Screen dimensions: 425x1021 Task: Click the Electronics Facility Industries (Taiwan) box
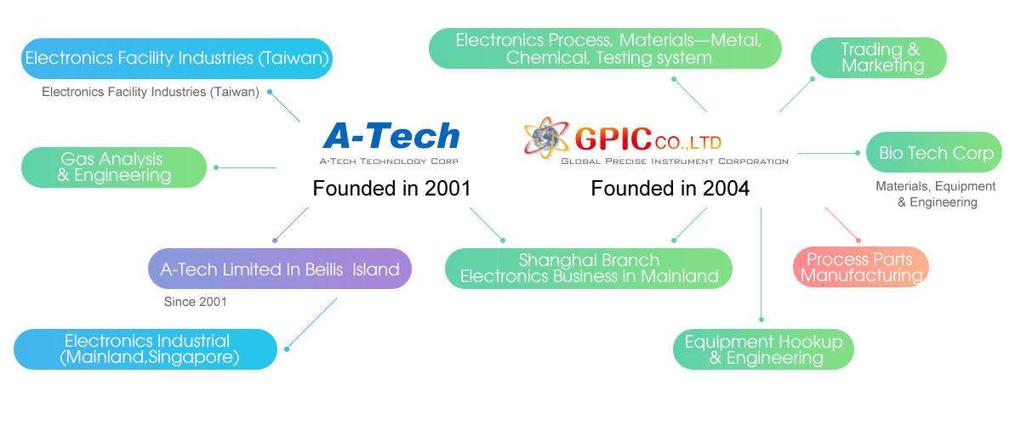pos(176,59)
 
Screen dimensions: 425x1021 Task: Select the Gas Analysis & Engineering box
pos(114,167)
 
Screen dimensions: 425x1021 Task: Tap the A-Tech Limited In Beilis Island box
pos(280,269)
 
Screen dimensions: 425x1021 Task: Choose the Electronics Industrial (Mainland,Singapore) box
pos(145,349)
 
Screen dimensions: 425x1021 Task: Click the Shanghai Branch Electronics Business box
pos(589,268)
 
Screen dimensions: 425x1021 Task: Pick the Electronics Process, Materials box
pos(607,49)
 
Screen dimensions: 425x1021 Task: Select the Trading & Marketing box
pos(880,57)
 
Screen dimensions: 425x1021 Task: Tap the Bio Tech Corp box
pos(936,153)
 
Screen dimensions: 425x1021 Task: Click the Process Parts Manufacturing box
pos(861,267)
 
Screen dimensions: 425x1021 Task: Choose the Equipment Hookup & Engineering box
pos(763,349)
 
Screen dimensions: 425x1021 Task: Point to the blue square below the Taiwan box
pos(284,106)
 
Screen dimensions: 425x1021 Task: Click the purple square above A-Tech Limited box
pos(290,224)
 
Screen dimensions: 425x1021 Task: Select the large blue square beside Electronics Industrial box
pos(311,323)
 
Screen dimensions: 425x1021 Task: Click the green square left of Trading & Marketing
pos(792,94)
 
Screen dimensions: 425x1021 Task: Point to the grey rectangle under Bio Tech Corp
pos(939,194)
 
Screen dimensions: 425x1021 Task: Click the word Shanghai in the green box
pos(554,260)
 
